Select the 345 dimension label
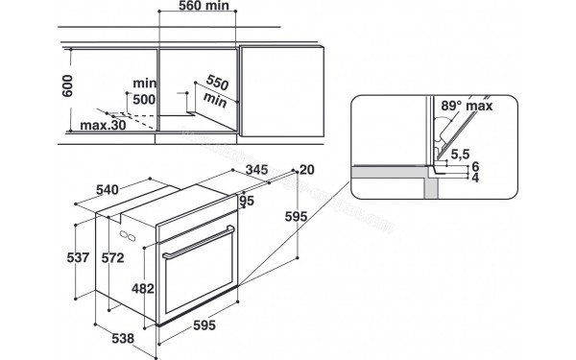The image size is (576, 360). coord(256,171)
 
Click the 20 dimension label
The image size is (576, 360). coord(307,169)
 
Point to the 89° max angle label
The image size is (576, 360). coord(468,107)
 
